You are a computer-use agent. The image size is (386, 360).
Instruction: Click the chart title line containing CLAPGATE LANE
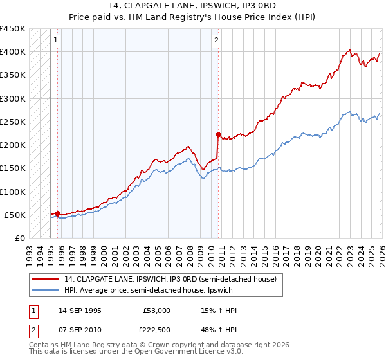[193, 6]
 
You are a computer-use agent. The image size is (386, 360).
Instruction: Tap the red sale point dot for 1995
[58, 213]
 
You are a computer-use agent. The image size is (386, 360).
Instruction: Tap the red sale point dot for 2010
[218, 135]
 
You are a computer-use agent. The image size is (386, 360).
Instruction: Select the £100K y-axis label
[13, 192]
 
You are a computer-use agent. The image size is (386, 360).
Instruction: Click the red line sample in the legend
[46, 279]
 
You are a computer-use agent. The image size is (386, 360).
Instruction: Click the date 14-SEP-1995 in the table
[80, 310]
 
